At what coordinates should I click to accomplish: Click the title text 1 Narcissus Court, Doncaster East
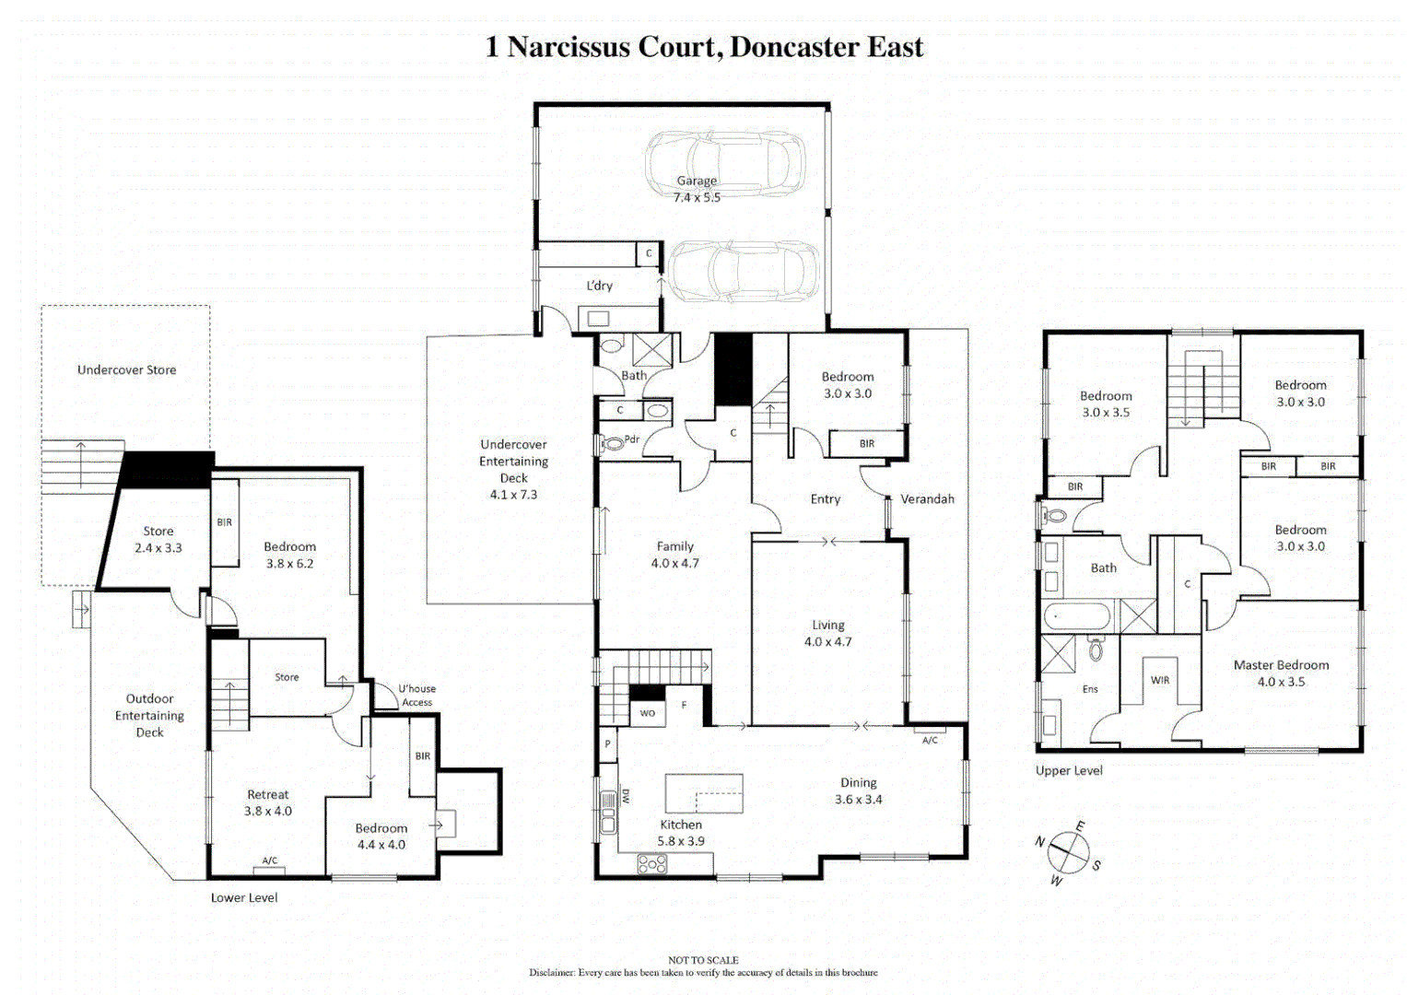coord(704,47)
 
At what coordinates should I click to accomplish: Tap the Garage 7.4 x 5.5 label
coord(697,189)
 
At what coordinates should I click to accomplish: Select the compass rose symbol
coord(1068,853)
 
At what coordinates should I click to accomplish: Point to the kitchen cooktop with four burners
coord(652,864)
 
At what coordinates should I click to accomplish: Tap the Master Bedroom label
coord(1281,673)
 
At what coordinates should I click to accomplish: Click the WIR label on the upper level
coord(1160,681)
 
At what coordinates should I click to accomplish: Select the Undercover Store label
coord(126,370)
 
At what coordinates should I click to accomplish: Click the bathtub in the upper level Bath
coord(1077,617)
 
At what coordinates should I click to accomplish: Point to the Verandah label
coord(927,499)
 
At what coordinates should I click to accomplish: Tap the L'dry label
coord(600,286)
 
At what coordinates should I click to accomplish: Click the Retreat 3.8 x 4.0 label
coord(268,802)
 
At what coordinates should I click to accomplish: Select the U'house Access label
coord(416,696)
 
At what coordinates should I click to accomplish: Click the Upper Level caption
coord(1069,771)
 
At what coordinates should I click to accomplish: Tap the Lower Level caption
coord(244,898)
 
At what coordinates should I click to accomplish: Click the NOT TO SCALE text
coord(703,960)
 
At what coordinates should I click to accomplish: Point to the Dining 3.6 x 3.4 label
coord(858,790)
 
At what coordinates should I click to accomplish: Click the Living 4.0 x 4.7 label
coord(827,633)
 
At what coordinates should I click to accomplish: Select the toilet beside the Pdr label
coord(612,443)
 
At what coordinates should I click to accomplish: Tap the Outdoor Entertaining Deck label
coord(149,716)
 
